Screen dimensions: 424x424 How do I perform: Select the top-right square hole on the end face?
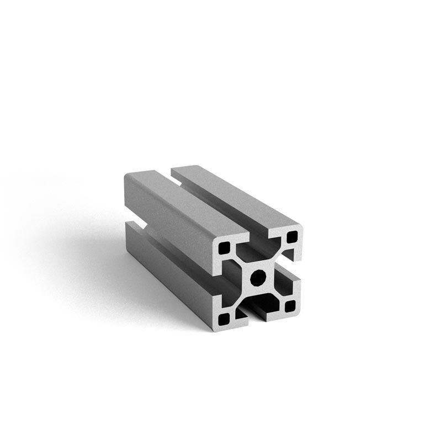tap(291, 238)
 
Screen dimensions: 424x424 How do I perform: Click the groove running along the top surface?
tap(215, 207)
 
